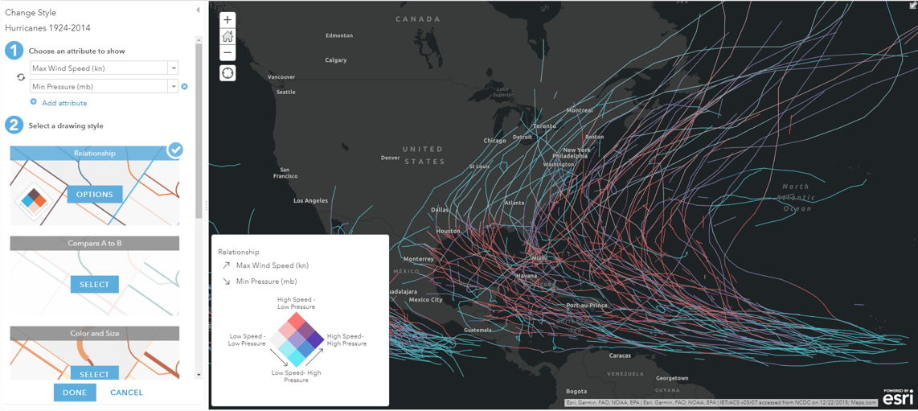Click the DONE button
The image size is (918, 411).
[75, 393]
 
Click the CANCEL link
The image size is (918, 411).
[126, 393]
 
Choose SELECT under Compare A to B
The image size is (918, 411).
[94, 285]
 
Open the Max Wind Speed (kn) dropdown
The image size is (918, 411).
[173, 68]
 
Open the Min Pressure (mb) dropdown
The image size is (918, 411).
[173, 87]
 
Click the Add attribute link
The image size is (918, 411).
[64, 103]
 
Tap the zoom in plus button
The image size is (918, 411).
[227, 20]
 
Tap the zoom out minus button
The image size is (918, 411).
[227, 53]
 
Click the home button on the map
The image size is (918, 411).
[227, 37]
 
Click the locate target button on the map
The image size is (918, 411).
[227, 73]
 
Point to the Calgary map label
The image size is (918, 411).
[335, 60]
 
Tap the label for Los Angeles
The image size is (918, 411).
[310, 200]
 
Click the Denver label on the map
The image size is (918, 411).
[390, 158]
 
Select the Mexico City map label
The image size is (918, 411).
[425, 300]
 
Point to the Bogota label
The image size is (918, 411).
[576, 392]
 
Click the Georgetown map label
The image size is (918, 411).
[671, 378]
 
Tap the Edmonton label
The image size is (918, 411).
[338, 35]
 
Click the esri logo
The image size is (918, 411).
[898, 397]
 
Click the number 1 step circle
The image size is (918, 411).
[14, 51]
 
